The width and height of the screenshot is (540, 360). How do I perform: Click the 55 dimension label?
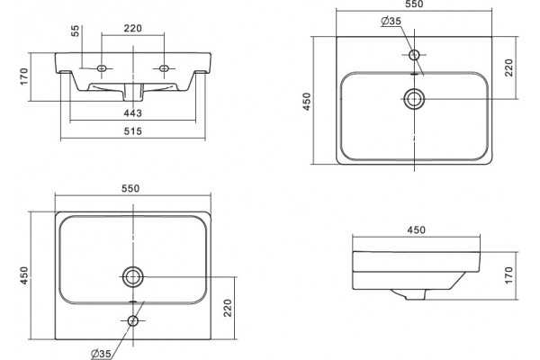(x=76, y=31)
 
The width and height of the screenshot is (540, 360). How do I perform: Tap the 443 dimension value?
(x=132, y=113)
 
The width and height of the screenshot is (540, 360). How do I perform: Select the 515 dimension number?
(x=132, y=131)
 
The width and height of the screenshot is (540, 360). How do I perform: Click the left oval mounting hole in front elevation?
(x=101, y=68)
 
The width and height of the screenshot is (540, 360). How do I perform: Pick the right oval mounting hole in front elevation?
(x=165, y=68)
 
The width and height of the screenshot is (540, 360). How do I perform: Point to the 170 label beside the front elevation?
(x=23, y=76)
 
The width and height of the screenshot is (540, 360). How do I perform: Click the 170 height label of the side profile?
(x=509, y=275)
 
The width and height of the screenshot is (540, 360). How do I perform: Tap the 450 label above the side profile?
(x=417, y=229)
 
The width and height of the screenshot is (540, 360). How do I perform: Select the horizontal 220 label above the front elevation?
(x=132, y=28)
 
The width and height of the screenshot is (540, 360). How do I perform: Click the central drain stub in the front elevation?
(x=133, y=93)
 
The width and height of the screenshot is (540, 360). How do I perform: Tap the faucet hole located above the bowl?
(x=414, y=55)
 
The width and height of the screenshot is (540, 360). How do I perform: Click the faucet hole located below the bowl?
(x=133, y=321)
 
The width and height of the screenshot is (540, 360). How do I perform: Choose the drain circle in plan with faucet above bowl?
(x=414, y=99)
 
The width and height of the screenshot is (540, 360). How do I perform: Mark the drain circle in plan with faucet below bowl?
(x=133, y=276)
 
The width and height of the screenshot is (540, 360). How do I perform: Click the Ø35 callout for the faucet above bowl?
(x=391, y=21)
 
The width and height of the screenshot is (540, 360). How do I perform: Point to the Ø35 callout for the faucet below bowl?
(x=101, y=354)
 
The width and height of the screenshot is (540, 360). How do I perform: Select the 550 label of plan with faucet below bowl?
(x=130, y=188)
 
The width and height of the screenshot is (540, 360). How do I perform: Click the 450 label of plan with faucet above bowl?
(x=307, y=102)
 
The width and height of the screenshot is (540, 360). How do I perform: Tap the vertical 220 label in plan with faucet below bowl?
(x=228, y=308)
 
